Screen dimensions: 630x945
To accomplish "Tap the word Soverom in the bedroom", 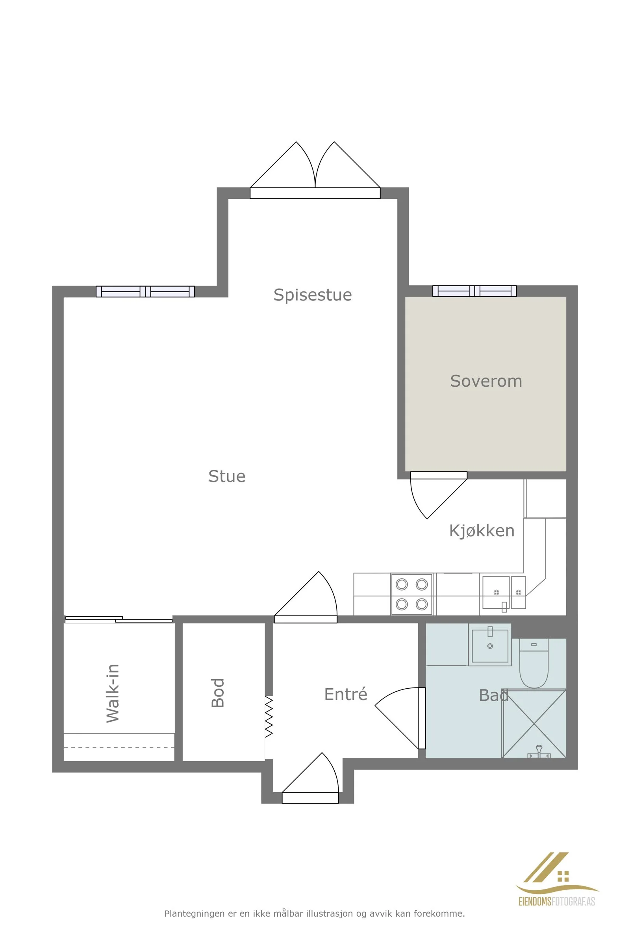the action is (x=486, y=381).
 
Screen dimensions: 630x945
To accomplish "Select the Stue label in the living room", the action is (x=227, y=476).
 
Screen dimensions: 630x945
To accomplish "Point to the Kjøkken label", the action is (x=482, y=531).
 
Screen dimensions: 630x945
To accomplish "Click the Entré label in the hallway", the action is (x=346, y=694).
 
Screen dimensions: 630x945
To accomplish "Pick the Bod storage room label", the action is (x=218, y=693).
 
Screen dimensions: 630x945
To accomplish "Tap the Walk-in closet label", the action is (x=113, y=693).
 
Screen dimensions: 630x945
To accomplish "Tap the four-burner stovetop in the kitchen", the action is (x=412, y=594).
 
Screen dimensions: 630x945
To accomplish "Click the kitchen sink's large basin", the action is (x=496, y=592).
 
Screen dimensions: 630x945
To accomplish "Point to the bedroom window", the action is (x=474, y=291).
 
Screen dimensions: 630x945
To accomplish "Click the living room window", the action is (x=145, y=291).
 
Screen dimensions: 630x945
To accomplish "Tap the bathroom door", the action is (x=400, y=718).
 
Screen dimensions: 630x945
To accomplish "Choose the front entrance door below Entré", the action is (x=310, y=778).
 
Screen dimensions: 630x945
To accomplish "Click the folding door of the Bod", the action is (x=269, y=717).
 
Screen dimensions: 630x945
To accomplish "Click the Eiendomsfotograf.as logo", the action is (x=557, y=885).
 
